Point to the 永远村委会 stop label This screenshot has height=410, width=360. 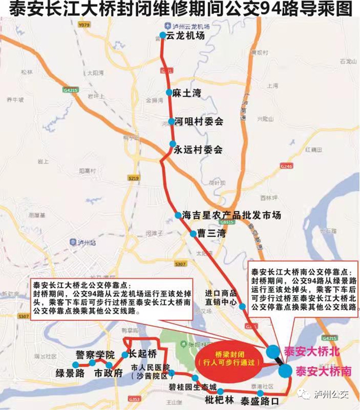coord(198,149)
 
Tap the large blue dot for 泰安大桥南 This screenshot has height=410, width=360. coord(285,371)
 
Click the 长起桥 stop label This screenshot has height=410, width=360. coord(142,354)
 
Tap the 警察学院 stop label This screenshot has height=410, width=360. coord(94,355)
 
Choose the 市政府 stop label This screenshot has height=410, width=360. coord(108,373)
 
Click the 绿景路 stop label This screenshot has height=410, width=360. coord(70,373)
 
